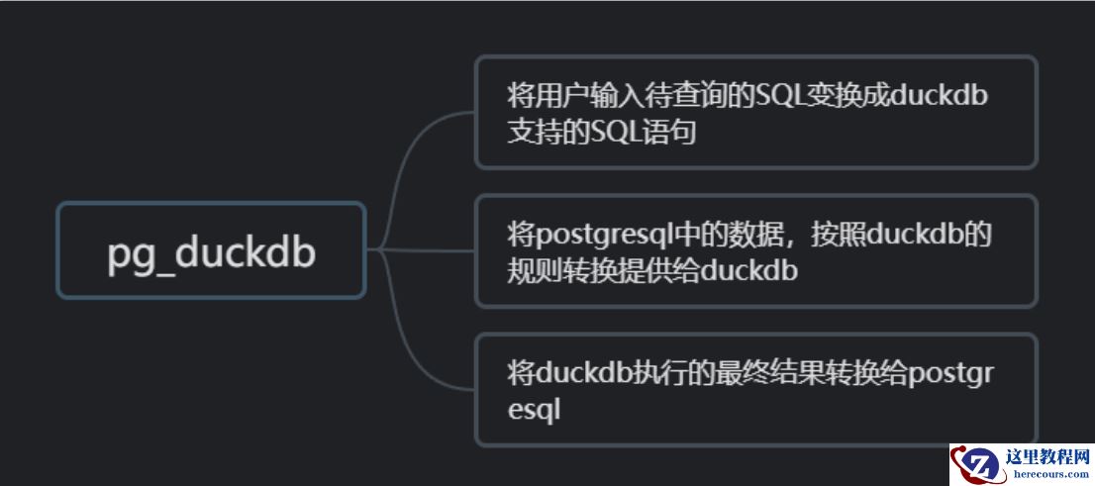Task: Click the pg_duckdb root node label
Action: point(211,252)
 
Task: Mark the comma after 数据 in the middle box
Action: point(792,241)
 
